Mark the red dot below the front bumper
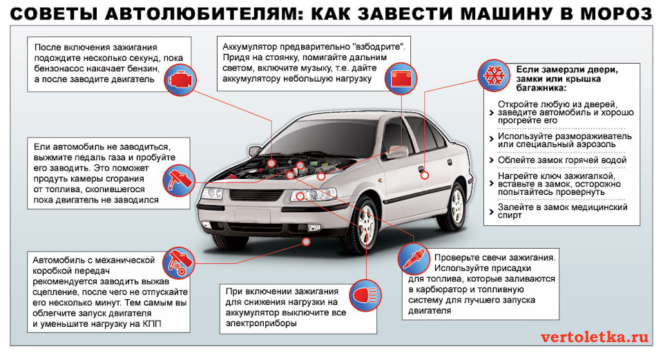307,241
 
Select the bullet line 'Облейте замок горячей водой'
561,160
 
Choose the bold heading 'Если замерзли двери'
567,70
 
